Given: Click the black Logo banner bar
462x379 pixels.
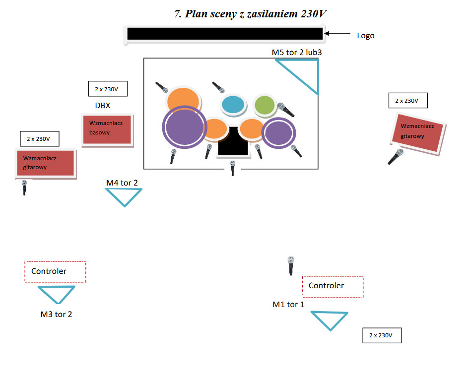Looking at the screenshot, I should tap(225, 34).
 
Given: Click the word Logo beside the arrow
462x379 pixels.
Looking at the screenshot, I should tap(366, 36).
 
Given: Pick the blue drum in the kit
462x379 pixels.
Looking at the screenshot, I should tap(233, 105).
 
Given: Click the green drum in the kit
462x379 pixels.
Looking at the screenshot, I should tap(264, 105).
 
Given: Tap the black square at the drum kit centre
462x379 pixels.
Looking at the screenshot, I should tap(233, 141).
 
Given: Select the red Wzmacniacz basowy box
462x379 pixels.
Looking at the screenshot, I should tap(106, 129).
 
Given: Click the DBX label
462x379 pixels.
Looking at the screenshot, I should tap(103, 106).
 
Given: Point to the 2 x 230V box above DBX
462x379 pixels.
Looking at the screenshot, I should tap(107, 89).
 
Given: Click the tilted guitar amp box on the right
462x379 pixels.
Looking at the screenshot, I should tap(420, 132).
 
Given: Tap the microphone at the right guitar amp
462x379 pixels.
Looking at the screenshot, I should tap(396, 157).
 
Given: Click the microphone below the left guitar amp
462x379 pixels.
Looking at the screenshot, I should tap(24, 187).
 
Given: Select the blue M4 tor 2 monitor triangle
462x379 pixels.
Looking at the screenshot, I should tap(124, 196).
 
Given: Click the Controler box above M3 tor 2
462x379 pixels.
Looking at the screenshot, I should tap(55, 271).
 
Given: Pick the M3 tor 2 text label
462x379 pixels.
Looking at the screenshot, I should tap(56, 314).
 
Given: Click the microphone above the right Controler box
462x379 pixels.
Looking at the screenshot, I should tap(291, 265).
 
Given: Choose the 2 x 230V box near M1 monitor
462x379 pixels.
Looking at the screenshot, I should tap(381, 335).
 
